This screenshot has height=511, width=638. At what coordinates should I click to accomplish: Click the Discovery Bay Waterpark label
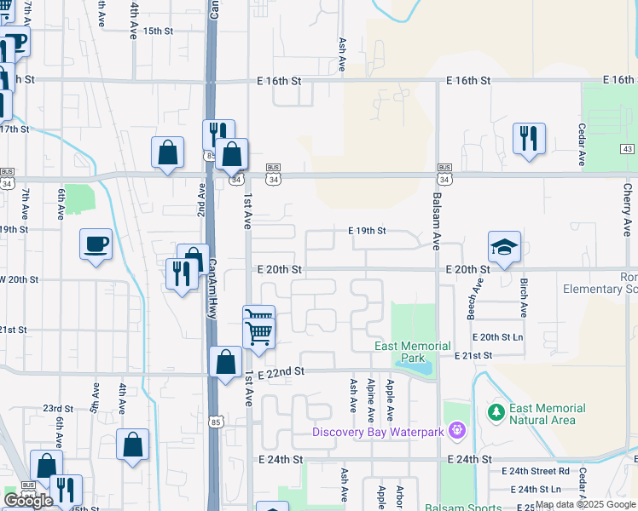tap(378, 432)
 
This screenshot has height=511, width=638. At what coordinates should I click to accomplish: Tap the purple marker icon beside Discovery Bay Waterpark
tap(457, 431)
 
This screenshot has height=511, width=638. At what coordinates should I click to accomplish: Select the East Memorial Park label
tap(413, 352)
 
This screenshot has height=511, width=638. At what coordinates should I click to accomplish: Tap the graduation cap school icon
tap(504, 247)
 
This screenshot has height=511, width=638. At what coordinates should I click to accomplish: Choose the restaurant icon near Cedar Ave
tap(529, 138)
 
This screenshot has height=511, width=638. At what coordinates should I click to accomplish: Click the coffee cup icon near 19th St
tap(96, 244)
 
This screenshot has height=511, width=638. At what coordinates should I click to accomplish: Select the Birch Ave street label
tap(524, 297)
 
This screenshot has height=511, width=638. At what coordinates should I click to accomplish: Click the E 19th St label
tap(367, 231)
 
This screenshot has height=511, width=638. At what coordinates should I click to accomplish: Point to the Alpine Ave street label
tap(371, 401)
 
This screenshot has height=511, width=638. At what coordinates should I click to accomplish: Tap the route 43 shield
tap(628, 149)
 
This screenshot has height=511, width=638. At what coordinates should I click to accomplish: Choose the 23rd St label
tap(52, 409)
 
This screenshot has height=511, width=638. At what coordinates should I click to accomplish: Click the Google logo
tap(28, 501)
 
